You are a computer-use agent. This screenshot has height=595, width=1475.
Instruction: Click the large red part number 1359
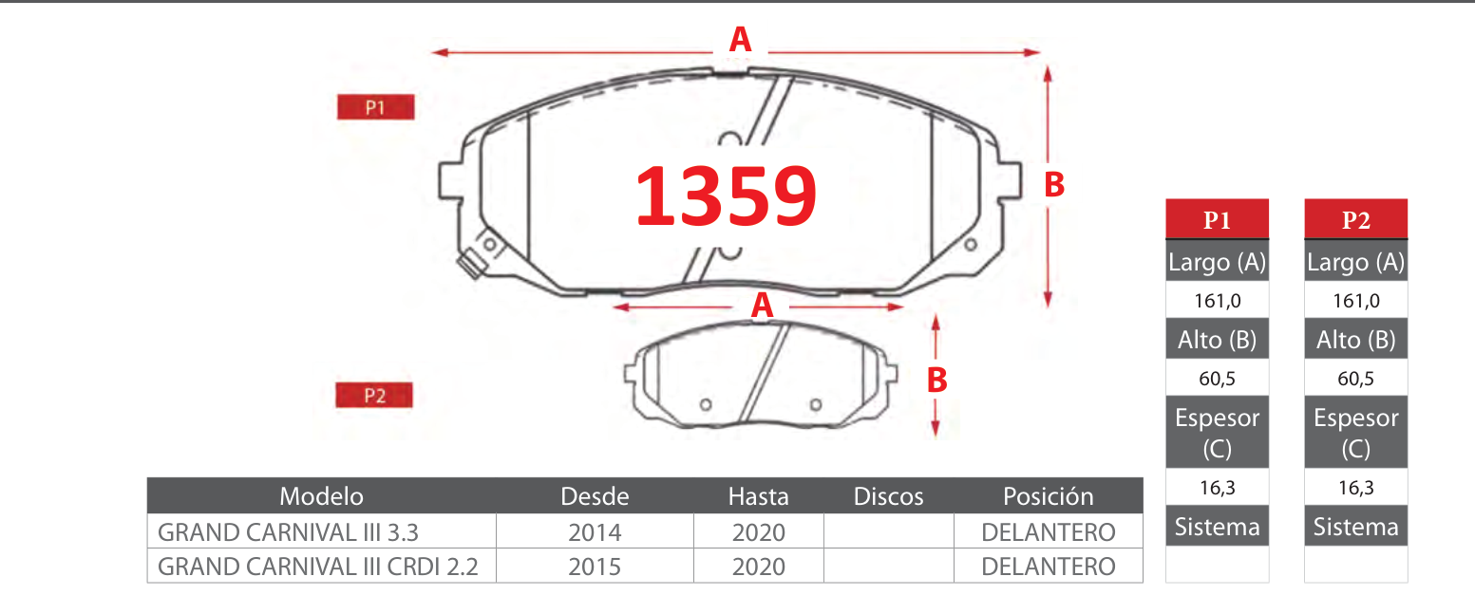click(726, 195)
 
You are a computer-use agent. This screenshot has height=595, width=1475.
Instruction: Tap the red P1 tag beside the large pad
click(375, 107)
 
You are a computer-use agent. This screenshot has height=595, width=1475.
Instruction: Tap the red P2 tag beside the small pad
click(374, 395)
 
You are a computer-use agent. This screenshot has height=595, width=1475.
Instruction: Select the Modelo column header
click(321, 496)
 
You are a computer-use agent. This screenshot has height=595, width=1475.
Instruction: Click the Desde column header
click(595, 496)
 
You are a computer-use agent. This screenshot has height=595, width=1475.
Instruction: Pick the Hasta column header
click(758, 496)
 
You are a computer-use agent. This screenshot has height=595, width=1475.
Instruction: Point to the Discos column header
click(888, 496)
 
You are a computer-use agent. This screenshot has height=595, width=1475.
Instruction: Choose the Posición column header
click(1049, 496)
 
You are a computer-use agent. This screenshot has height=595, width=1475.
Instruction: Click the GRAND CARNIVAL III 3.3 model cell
click(288, 531)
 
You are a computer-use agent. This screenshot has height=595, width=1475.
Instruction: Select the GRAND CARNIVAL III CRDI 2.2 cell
click(317, 566)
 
